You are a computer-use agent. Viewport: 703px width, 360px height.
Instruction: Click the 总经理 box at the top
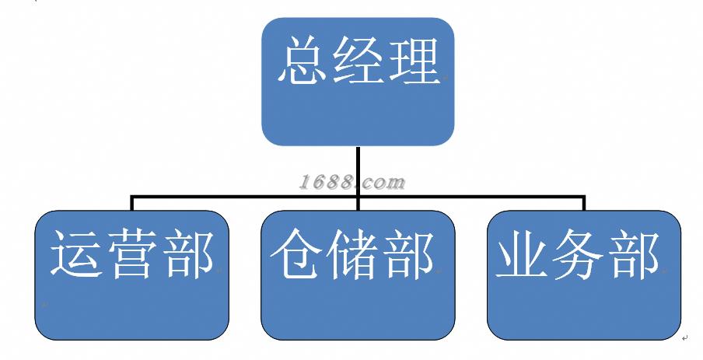click(357, 82)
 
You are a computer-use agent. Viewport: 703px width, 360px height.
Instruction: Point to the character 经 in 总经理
click(358, 61)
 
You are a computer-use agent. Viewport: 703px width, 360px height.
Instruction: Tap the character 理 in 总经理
click(413, 61)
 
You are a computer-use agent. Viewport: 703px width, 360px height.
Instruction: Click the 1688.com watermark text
click(352, 183)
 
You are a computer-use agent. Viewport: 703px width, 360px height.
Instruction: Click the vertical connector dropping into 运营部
click(132, 204)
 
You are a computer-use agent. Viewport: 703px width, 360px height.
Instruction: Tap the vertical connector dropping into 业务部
click(583, 204)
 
